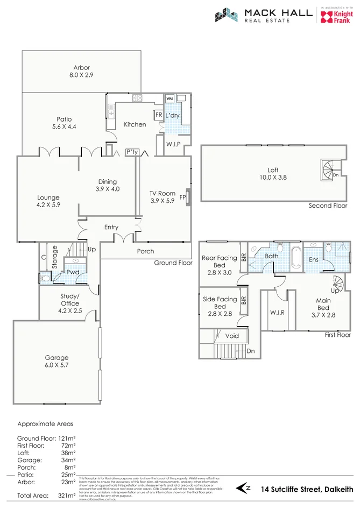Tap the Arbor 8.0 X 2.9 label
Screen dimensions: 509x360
coord(81,72)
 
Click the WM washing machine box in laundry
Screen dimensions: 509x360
coord(169,99)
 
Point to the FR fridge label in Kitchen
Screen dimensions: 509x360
coord(159,115)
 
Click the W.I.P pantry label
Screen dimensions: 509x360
coord(173,144)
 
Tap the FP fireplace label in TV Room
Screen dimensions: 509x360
coord(182,197)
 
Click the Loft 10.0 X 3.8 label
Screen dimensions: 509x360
coord(273,174)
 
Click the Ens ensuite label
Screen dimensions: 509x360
coord(313,260)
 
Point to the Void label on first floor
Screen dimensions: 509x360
coord(232,335)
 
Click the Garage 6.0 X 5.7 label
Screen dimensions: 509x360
coord(57,361)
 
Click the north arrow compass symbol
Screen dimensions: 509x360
coord(245,488)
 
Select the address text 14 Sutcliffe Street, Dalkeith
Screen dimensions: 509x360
coord(306,489)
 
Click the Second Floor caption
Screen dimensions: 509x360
coord(328,206)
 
